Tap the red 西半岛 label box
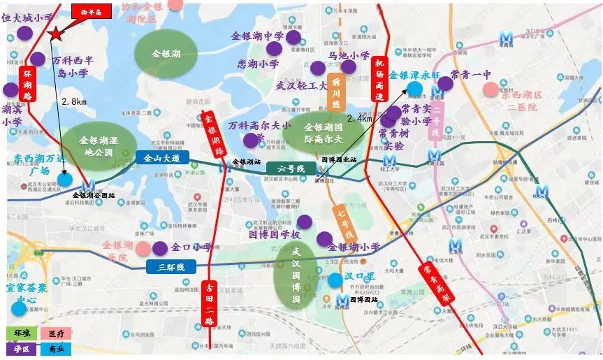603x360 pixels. coord(91,12)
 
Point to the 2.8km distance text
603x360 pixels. coord(73,101)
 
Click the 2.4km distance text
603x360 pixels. coord(359,119)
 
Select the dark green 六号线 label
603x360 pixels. coord(291,168)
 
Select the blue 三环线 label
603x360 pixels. coord(170,266)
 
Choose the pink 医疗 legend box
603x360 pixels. coord(55,333)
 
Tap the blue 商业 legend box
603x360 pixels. coord(55,347)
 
